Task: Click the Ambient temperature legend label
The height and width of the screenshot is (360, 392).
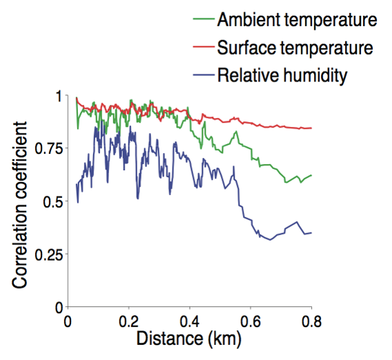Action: pos(297,20)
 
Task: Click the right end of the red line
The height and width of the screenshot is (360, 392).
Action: pos(312,128)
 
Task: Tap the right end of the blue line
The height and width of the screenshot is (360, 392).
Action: pos(312,232)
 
